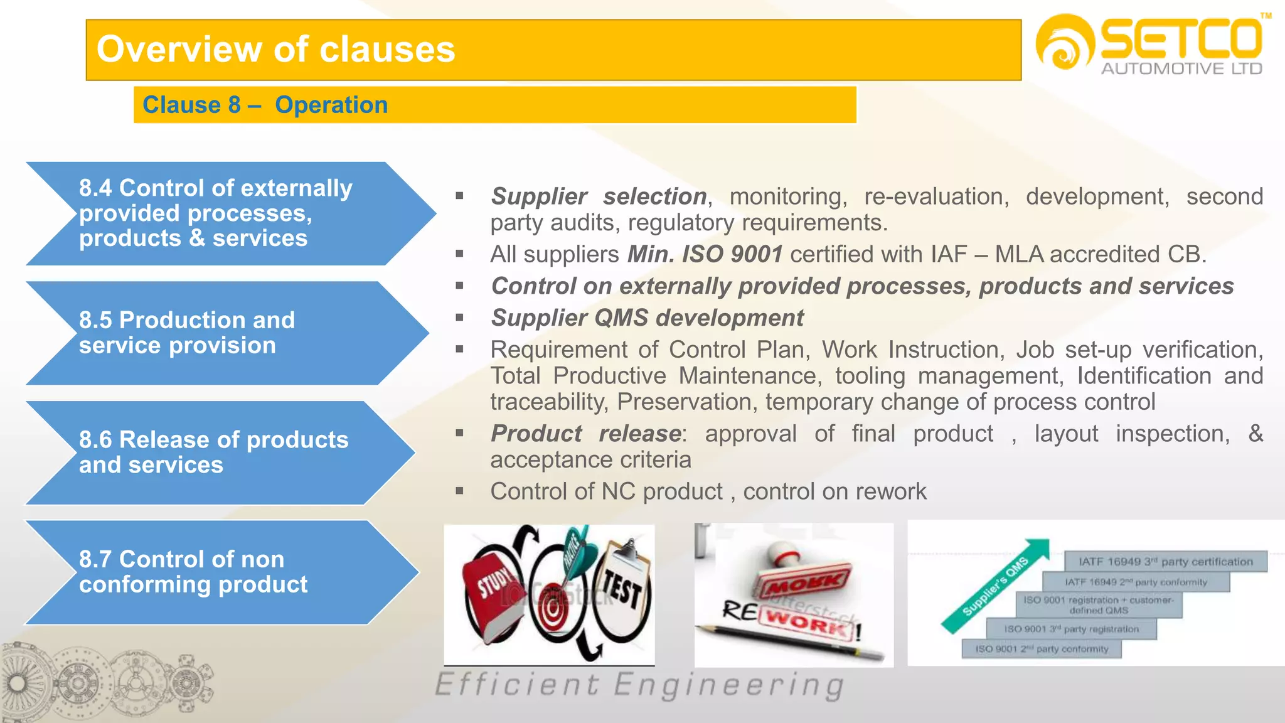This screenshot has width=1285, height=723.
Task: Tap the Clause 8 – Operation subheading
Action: pos(265,105)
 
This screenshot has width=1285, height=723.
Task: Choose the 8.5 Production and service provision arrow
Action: pos(213,333)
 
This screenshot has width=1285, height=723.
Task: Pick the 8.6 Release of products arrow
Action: pos(213,453)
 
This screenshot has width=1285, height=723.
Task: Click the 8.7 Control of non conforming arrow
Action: pos(213,572)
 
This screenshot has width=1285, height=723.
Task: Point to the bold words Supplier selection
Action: pos(599,196)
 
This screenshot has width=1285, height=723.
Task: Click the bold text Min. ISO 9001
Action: pos(705,254)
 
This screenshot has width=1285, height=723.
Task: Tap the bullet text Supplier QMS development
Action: pos(647,318)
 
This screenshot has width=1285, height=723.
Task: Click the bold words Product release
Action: pos(586,434)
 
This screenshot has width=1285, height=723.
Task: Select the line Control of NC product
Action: pos(708,491)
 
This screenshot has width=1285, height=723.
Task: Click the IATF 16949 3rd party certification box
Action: pos(1165,562)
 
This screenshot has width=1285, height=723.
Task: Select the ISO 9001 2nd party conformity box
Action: pos(1042,649)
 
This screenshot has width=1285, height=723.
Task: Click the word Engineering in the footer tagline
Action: pos(728,685)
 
